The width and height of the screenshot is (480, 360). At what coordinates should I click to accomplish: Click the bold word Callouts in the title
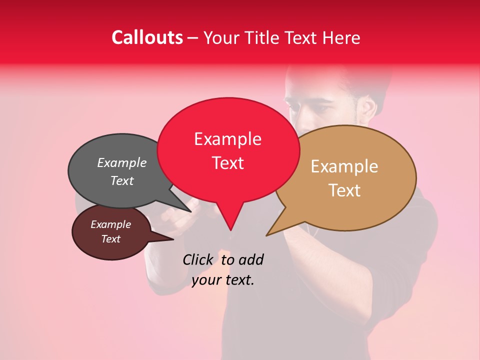pyautogui.click(x=147, y=37)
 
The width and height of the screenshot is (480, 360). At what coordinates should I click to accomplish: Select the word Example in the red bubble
pyautogui.click(x=227, y=139)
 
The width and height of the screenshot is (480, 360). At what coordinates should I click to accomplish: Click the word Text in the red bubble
pyautogui.click(x=227, y=163)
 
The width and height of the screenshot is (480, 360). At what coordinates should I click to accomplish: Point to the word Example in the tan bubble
pyautogui.click(x=344, y=166)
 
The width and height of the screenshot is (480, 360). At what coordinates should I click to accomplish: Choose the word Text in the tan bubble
pyautogui.click(x=344, y=190)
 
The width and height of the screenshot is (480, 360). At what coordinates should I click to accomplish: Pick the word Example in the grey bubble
pyautogui.click(x=121, y=162)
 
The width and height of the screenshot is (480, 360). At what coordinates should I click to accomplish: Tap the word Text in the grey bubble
pyautogui.click(x=121, y=180)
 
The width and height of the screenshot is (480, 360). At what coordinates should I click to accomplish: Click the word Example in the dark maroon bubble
pyautogui.click(x=110, y=224)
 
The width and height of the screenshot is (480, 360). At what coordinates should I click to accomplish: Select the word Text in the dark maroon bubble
pyautogui.click(x=110, y=239)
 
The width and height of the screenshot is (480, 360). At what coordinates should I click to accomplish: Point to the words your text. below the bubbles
pyautogui.click(x=223, y=280)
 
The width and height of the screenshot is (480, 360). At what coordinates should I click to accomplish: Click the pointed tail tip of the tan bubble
pyautogui.click(x=267, y=235)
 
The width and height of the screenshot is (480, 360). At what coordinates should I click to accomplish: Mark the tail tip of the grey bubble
pyautogui.click(x=191, y=212)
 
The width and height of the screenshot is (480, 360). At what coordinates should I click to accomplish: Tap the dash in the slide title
pyautogui.click(x=193, y=38)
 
